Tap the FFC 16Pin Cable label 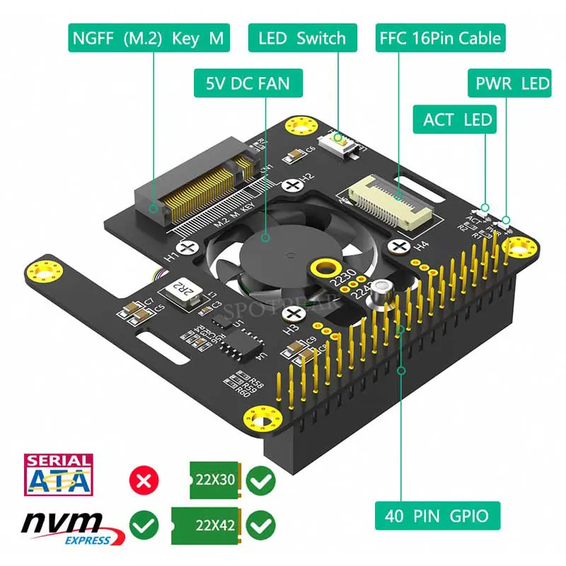[x=440, y=37]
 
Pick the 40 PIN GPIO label [x=437, y=515]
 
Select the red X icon [x=143, y=481]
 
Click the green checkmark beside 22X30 [x=261, y=481]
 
